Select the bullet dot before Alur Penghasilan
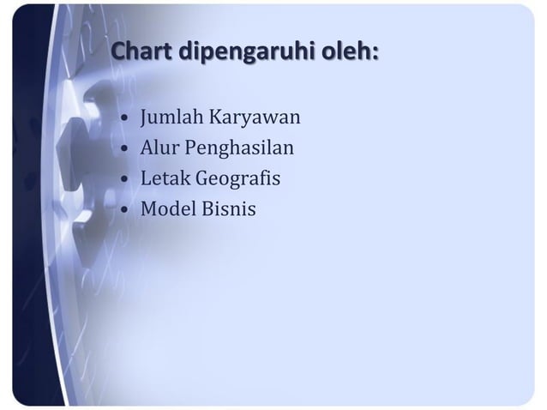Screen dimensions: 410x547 click(126, 149)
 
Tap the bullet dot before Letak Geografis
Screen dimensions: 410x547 click(126, 179)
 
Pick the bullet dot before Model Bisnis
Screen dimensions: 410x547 click(126, 209)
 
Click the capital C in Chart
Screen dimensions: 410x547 click(119, 52)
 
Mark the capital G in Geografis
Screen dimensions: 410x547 click(203, 178)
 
